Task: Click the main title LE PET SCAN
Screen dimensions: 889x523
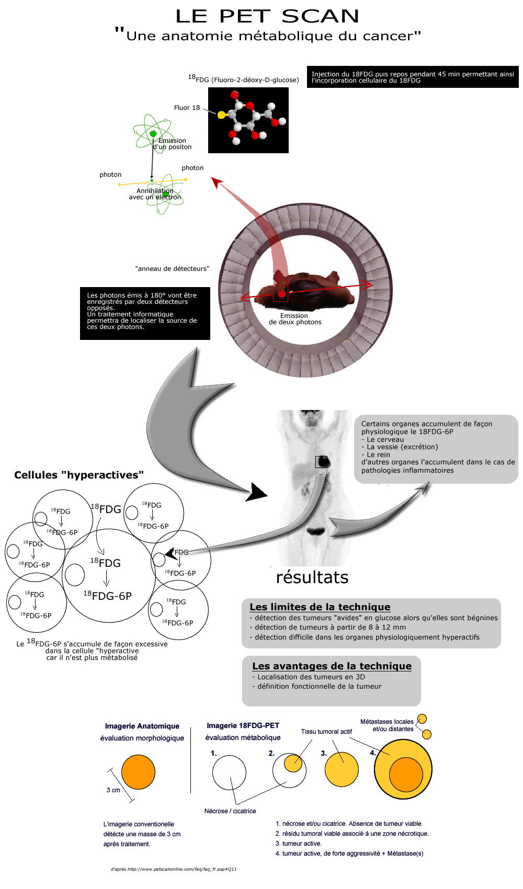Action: tap(267, 16)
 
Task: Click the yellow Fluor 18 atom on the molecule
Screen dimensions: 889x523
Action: tap(222, 115)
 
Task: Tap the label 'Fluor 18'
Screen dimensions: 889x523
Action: tap(187, 108)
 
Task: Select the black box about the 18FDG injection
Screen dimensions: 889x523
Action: tap(413, 77)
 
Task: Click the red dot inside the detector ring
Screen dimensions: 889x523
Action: tap(281, 294)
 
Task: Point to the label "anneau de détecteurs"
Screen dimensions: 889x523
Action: tap(172, 269)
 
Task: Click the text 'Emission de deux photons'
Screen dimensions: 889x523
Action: tap(295, 319)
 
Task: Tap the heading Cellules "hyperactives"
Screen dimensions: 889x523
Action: tap(79, 475)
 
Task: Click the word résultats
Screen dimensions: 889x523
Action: tap(312, 577)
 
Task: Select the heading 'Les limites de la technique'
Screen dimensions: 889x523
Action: tap(320, 607)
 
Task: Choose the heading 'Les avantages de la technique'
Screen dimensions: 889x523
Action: tap(332, 666)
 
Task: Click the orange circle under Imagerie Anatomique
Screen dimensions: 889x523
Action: tap(138, 772)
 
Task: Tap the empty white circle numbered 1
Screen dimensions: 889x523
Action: tap(229, 773)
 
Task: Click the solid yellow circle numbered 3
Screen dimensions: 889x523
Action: tap(342, 770)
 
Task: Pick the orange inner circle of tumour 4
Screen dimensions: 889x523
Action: tap(406, 774)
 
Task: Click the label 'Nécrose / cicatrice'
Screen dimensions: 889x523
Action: tap(230, 811)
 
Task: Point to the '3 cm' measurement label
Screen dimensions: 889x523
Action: tap(113, 790)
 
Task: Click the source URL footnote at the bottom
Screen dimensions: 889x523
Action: tap(174, 869)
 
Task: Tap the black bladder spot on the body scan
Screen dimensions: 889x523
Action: tap(316, 531)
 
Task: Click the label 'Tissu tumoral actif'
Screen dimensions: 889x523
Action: tap(326, 732)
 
